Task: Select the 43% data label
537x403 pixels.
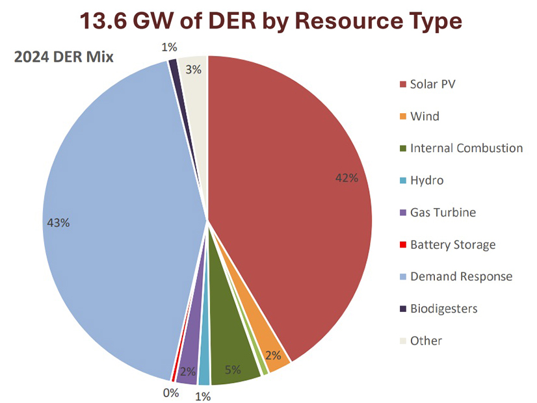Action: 58,222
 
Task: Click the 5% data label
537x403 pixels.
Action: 233,370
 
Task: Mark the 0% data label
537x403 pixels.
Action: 170,393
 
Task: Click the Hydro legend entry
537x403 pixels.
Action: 426,180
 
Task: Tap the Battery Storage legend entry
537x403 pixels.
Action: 452,244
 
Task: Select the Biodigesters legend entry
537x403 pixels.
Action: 443,308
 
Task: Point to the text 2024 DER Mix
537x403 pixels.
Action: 64,57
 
